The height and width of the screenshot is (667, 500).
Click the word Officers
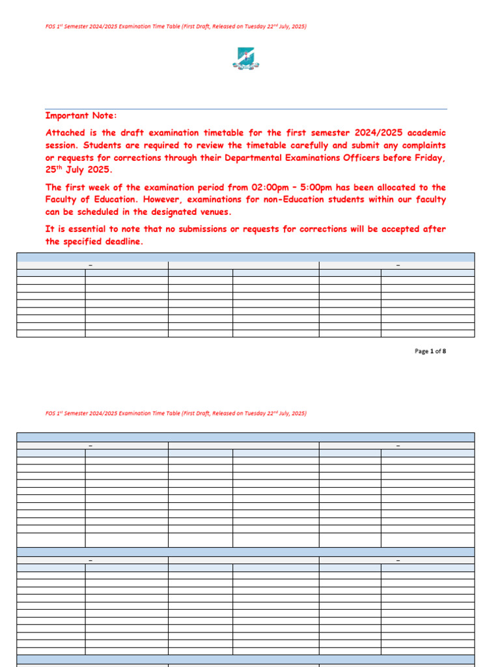pyautogui.click(x=360, y=158)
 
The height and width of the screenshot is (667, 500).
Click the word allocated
pyautogui.click(x=396, y=188)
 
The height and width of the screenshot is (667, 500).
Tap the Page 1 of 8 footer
pyautogui.click(x=430, y=351)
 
